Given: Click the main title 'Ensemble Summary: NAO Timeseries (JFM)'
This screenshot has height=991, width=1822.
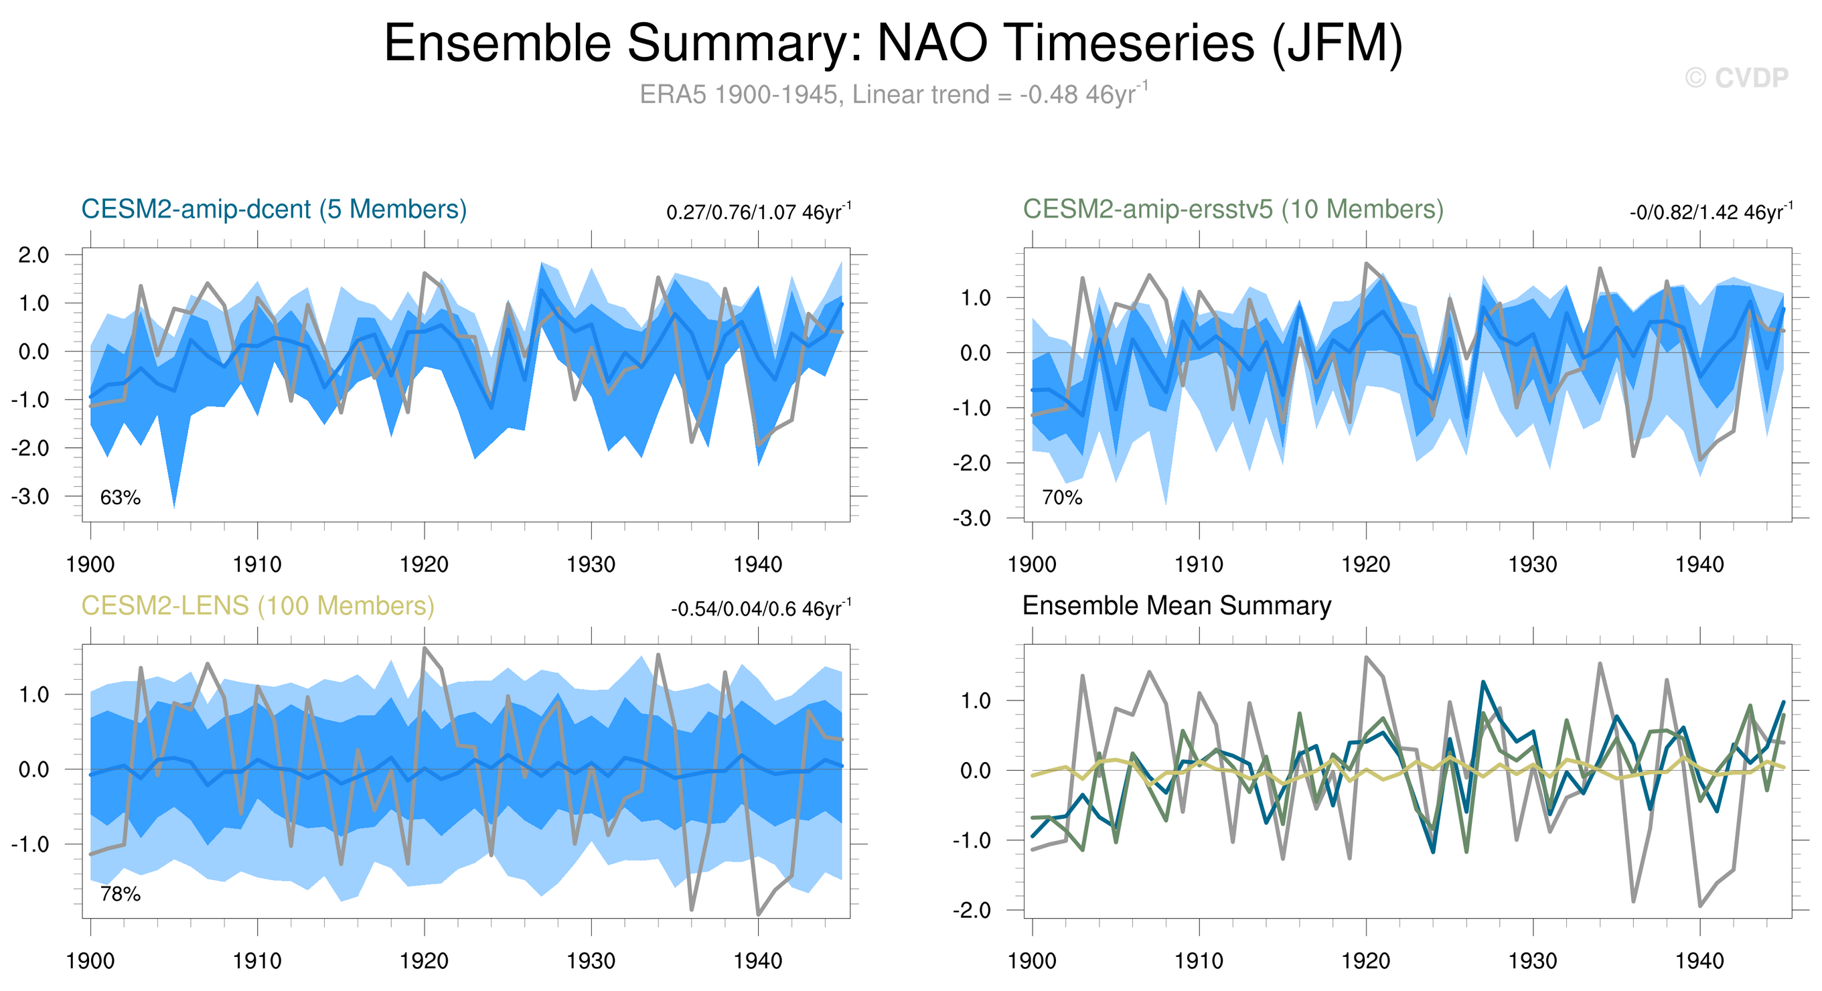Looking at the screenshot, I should pos(893,44).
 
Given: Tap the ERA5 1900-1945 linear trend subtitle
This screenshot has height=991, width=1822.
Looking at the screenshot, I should pos(893,94).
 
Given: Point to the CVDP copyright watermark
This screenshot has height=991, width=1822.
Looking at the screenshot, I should pos(1736,78).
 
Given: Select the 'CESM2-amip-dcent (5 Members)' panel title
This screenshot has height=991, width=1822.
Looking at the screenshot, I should pos(274,210).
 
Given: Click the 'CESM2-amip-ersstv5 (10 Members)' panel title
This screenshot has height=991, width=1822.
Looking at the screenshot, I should pos(1233,210).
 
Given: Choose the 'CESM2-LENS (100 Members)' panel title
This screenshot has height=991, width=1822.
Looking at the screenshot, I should pos(257,606).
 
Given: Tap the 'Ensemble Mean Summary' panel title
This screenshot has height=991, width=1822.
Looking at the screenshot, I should pos(1176,606).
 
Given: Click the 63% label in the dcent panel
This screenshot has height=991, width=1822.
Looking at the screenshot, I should pos(121,498).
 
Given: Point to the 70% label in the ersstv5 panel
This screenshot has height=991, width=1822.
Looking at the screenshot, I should pos(1061,498).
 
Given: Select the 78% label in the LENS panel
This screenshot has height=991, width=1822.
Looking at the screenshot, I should pos(121,895).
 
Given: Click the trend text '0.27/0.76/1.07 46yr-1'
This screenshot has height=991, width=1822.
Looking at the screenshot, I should pos(758,212).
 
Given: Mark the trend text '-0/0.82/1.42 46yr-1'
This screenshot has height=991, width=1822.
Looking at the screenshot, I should pos(1710,212).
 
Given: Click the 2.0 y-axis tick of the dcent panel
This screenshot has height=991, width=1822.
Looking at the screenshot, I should pos(33,254).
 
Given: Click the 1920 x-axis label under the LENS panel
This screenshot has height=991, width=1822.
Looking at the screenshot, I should pos(424,962).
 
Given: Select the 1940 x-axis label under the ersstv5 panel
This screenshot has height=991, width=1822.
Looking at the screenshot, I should pos(1699,564).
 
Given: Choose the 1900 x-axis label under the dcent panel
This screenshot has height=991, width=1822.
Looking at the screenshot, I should pos(90,564).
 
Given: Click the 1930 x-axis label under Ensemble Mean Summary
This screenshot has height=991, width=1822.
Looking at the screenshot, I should pos(1533,962).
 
